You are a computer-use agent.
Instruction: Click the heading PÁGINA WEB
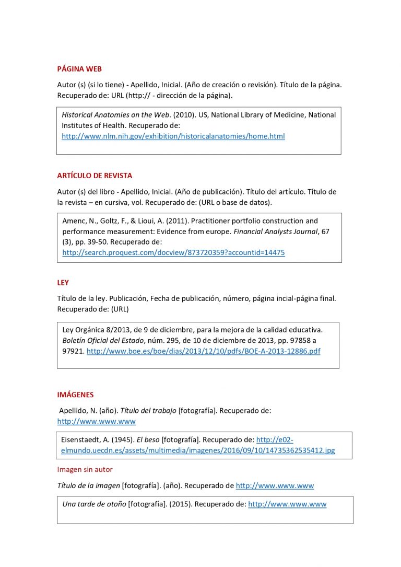tap(79, 69)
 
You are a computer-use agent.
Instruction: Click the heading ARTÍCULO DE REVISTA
tap(95, 176)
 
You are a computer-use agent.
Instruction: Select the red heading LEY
tap(63, 283)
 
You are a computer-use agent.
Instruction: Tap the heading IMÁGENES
tap(75, 395)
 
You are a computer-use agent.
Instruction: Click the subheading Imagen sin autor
tap(85, 469)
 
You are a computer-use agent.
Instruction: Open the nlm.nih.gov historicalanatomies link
tap(173, 136)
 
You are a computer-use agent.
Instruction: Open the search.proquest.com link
tap(173, 252)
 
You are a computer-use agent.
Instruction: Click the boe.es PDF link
tap(203, 351)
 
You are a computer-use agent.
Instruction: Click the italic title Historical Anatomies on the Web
tap(116, 115)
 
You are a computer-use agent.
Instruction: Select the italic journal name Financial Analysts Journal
tap(278, 231)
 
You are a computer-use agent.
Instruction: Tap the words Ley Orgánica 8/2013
tap(94, 329)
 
